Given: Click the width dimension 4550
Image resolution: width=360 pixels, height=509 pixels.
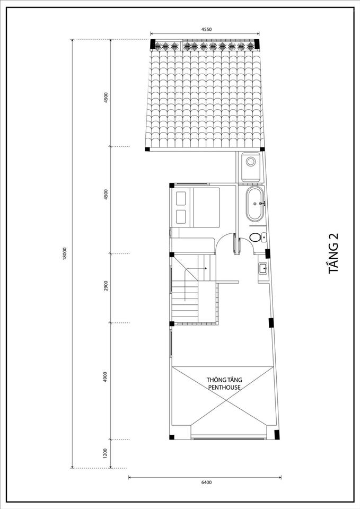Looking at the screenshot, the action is (206, 29).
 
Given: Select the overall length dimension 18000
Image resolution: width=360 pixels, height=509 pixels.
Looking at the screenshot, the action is (65, 253).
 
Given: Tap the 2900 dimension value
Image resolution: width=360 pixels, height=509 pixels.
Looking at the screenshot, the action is (106, 286).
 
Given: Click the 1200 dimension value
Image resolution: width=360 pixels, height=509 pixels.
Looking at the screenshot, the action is (105, 453).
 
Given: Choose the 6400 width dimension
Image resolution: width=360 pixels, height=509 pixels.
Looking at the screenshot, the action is (206, 482).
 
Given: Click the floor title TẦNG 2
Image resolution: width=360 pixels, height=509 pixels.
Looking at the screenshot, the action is (333, 253).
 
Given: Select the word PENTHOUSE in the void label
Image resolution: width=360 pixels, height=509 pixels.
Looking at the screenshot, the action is (224, 387).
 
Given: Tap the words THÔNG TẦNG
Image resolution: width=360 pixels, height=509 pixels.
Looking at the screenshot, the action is (224, 380).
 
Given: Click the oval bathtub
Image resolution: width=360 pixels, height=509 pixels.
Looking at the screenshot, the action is (255, 204).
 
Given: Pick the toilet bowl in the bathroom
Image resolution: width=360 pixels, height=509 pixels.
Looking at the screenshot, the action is (255, 238).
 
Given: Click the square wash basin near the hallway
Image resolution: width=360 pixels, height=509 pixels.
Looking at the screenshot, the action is (262, 268).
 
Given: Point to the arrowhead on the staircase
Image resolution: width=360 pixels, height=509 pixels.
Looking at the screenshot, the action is (206, 268).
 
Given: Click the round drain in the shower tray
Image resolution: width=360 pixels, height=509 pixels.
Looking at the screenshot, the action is (251, 161).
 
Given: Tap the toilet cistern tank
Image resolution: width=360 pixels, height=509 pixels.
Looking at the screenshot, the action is (264, 238).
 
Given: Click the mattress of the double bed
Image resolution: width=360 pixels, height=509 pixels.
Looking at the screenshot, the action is (206, 207).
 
